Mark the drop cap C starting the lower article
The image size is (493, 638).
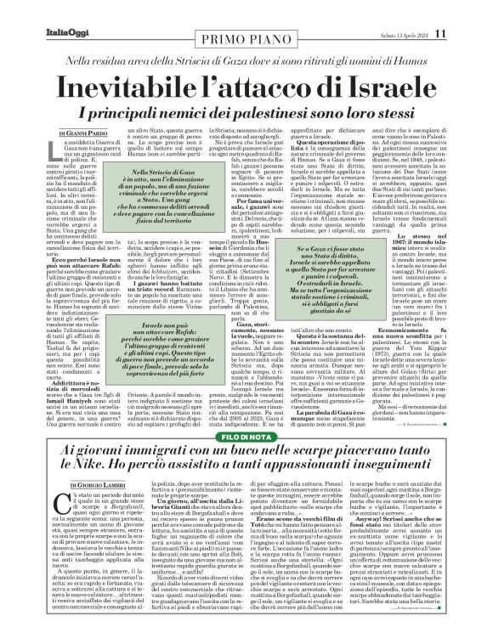(x=41, y=510)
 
